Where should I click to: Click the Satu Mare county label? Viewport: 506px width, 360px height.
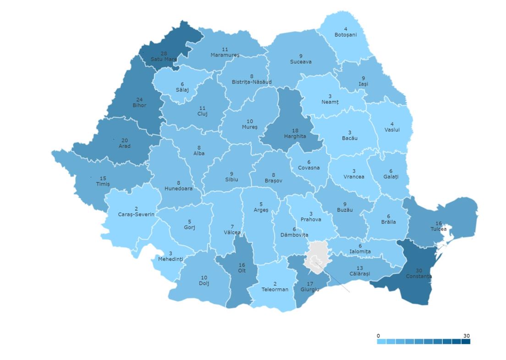pyautogui.click(x=164, y=59)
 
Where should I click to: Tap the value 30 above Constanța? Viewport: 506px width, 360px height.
pyautogui.click(x=418, y=270)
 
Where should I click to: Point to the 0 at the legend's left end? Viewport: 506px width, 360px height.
pyautogui.click(x=378, y=336)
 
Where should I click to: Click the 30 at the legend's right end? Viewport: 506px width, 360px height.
pyautogui.click(x=467, y=336)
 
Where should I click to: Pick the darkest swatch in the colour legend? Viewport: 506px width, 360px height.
pyautogui.click(x=466, y=341)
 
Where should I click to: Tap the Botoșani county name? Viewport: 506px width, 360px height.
pyautogui.click(x=345, y=35)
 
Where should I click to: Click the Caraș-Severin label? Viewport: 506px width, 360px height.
pyautogui.click(x=136, y=215)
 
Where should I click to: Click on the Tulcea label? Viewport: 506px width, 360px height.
pyautogui.click(x=438, y=229)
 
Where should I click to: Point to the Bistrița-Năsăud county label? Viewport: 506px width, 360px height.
pyautogui.click(x=251, y=82)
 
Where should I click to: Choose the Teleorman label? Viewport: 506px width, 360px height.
pyautogui.click(x=275, y=289)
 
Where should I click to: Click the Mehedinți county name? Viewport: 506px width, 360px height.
pyautogui.click(x=170, y=259)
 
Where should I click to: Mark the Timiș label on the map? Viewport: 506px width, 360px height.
pyautogui.click(x=103, y=184)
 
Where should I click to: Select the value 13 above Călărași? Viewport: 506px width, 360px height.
pyautogui.click(x=359, y=268)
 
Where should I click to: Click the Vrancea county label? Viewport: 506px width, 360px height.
pyautogui.click(x=353, y=177)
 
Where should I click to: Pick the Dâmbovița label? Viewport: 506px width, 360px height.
pyautogui.click(x=294, y=235)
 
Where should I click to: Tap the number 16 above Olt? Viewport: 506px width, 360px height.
pyautogui.click(x=242, y=265)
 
